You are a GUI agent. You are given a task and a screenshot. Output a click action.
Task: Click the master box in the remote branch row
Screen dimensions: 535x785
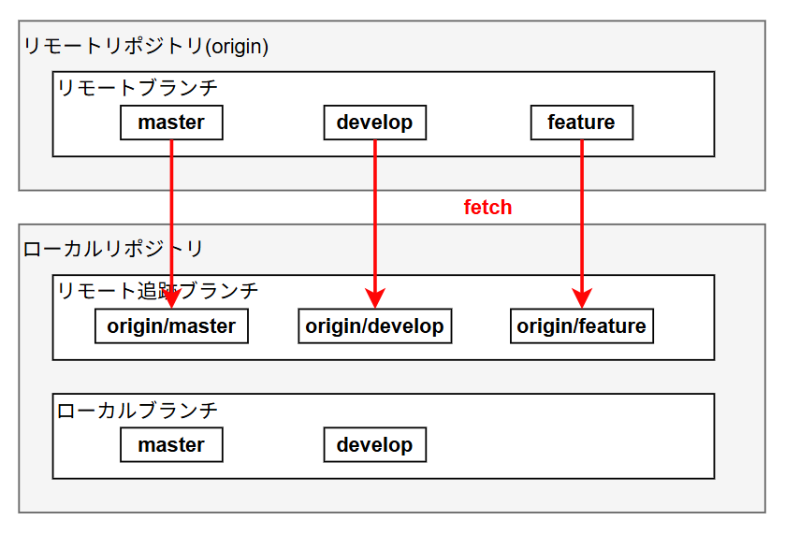point(171,123)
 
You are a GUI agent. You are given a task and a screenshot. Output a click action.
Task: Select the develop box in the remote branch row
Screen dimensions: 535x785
point(374,123)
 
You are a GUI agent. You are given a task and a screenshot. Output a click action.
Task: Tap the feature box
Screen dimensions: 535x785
point(581,123)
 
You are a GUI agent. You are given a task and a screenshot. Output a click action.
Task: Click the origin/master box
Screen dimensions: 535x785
point(171,326)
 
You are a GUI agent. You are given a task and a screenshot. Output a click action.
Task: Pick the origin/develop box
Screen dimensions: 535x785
point(374,326)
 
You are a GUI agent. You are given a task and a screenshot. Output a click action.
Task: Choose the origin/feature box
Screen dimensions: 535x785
point(581,326)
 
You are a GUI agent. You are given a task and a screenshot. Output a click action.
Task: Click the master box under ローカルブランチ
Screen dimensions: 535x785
point(171,444)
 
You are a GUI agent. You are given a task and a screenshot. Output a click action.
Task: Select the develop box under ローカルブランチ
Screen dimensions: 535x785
point(374,444)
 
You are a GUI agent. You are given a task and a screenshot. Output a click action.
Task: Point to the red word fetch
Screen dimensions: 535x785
point(487,208)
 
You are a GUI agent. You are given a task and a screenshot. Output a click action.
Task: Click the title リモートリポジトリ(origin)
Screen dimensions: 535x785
point(145,46)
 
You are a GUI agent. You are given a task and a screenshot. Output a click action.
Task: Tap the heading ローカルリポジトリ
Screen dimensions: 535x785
point(112,249)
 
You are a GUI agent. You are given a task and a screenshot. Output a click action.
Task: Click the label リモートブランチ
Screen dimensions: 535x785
point(137,88)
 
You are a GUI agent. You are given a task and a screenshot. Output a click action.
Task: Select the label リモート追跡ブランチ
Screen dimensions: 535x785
point(157,291)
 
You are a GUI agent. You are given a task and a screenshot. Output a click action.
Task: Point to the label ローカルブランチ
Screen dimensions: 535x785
point(137,410)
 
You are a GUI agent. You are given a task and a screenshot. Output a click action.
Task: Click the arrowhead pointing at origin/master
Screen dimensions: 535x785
point(172,299)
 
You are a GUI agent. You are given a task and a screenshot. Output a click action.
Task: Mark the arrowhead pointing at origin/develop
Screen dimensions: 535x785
point(375,299)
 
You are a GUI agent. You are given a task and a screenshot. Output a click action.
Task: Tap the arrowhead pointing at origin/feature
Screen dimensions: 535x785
point(582,299)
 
